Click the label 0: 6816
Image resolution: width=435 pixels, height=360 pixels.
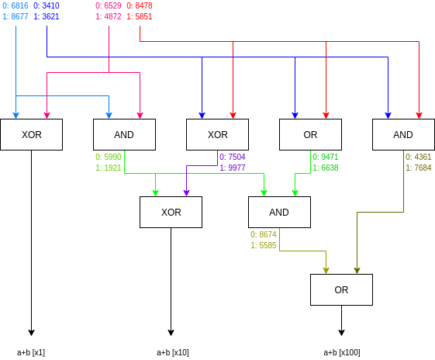[x=16, y=5]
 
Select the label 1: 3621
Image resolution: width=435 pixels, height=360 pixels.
[x=47, y=16]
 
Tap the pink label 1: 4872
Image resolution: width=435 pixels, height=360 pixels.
[x=109, y=16]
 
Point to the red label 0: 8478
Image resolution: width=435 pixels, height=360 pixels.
[x=140, y=5]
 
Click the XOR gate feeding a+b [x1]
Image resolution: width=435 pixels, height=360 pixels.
[x=31, y=135]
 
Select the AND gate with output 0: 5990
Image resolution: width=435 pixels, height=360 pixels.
[x=124, y=135]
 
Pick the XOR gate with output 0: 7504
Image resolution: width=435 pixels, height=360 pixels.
[x=217, y=135]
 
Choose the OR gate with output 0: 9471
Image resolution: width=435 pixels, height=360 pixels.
[x=310, y=135]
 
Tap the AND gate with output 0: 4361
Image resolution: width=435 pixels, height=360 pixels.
[x=403, y=135]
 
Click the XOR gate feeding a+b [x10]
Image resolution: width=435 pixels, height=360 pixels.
[x=171, y=213]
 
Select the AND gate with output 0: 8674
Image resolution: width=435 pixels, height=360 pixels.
[x=279, y=213]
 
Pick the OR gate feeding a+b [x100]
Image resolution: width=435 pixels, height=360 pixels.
[x=341, y=289]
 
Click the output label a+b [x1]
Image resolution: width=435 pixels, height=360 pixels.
[x=31, y=352]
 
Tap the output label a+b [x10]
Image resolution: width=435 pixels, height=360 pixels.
[x=173, y=352]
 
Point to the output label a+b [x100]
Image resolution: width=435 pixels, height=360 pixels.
[x=342, y=352]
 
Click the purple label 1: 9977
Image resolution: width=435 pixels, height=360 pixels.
[x=233, y=168]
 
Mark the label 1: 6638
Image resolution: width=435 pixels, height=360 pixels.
[x=326, y=168]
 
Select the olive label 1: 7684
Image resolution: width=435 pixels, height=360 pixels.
[x=419, y=168]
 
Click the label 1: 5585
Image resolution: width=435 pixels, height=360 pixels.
[x=264, y=245]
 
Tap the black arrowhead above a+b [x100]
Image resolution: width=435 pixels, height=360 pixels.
[x=341, y=333]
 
